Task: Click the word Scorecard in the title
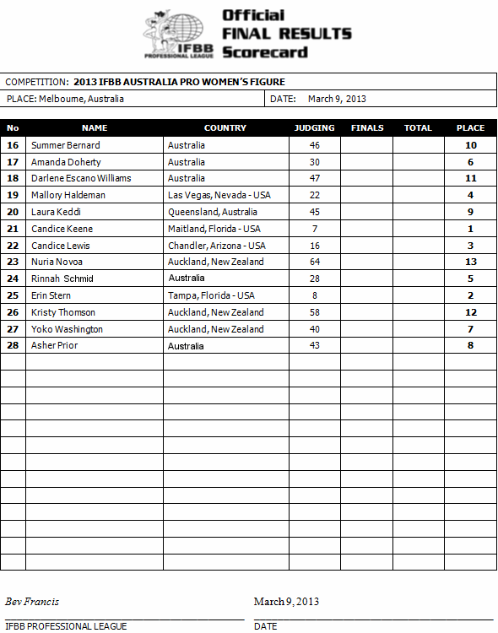[x=264, y=52]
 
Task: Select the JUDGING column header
[x=314, y=128]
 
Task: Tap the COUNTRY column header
[x=225, y=128]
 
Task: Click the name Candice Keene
[x=62, y=229]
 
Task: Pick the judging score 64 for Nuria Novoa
[x=314, y=262]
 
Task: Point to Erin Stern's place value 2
[x=470, y=295]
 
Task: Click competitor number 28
[x=13, y=345]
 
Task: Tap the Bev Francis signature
[x=32, y=602]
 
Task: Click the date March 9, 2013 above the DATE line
[x=286, y=602]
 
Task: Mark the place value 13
[x=470, y=262]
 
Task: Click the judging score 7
[x=314, y=229]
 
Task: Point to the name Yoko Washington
[x=68, y=329]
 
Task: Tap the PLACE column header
[x=470, y=128]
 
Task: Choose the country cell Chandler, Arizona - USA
[x=217, y=246]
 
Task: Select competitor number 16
[x=13, y=145]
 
